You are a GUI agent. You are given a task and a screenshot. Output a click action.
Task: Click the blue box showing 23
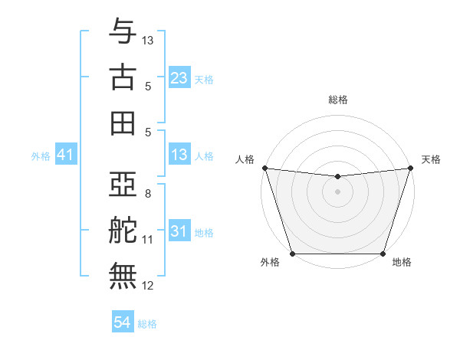coord(179,78)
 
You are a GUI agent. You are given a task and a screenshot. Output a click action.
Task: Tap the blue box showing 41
coord(65,155)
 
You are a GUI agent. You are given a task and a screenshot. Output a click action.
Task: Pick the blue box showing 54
coord(122,323)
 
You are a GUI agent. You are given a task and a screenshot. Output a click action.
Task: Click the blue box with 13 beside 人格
coord(179,155)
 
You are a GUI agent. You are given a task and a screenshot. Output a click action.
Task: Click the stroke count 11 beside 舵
coord(148,240)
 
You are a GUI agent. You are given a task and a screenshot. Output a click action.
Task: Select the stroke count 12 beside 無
coord(148,286)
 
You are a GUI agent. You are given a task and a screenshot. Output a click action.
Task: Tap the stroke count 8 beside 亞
coord(148,194)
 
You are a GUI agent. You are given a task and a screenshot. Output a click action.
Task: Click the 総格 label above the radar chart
coord(337,100)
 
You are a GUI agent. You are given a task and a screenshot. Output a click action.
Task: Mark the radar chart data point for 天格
coord(410,168)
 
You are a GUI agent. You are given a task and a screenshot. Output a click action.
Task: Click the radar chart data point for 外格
coord(292,254)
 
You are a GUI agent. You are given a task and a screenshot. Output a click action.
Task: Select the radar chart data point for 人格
coord(264,168)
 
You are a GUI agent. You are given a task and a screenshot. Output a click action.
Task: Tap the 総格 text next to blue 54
coord(147,324)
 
